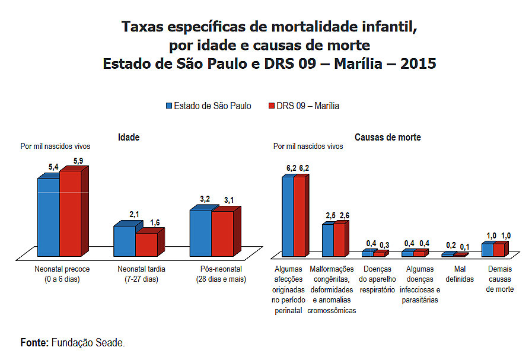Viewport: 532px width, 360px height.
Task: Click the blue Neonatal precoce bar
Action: pos(48,216)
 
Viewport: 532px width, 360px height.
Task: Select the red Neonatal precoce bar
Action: pos(69,214)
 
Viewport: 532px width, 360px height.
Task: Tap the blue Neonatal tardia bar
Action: pos(124,240)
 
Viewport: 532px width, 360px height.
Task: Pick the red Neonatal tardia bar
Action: pos(146,244)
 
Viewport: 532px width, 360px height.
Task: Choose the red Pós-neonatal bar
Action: pos(222,234)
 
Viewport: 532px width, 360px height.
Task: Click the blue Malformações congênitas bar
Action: pos(327,240)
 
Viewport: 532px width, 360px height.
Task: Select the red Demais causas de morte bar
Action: pos(498,250)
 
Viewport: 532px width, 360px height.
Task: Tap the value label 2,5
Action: pos(330,215)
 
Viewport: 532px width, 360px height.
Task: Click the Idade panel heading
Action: pos(129,137)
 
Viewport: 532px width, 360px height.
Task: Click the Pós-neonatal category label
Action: pos(221,273)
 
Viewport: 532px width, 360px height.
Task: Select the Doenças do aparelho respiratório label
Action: pos(377,279)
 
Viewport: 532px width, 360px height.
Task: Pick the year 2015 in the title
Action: pos(418,63)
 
